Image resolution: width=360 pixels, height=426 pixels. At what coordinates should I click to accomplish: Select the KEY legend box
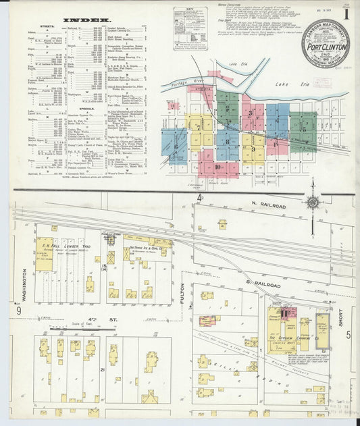pos(188,29)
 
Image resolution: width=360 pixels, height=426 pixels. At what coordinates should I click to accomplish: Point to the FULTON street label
pos(182,297)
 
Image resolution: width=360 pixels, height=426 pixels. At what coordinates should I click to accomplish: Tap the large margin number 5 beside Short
pos(349,334)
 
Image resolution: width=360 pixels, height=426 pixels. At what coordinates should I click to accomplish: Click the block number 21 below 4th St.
pos(101,371)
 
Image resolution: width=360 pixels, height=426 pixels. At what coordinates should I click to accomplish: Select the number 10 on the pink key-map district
pos(218,165)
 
